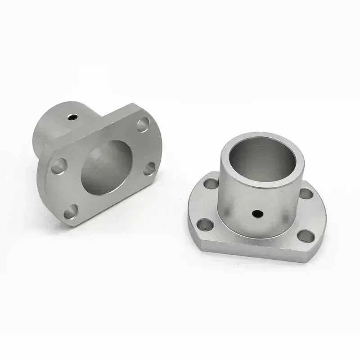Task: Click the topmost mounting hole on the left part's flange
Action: [143, 123]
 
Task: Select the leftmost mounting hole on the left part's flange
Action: [58, 168]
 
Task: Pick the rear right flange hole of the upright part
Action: [306, 193]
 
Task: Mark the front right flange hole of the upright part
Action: [306, 235]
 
